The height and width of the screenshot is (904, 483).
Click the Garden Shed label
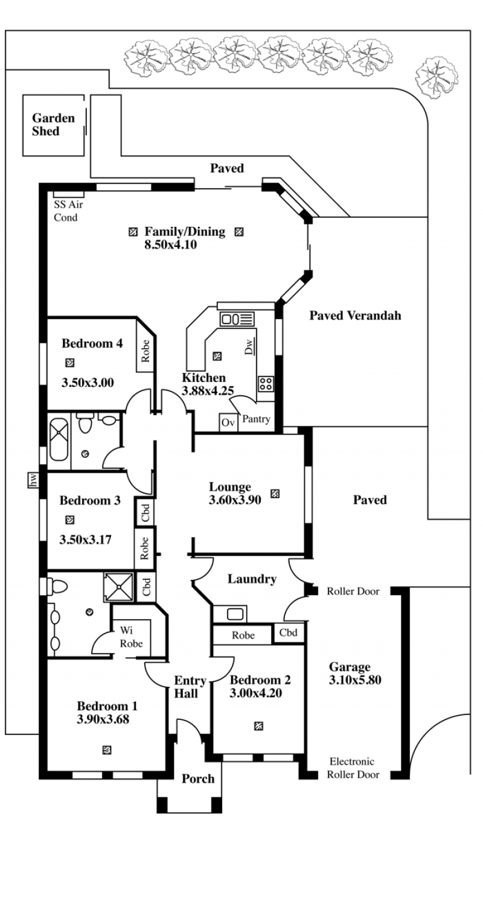53,124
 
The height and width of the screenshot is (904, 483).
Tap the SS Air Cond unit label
68,211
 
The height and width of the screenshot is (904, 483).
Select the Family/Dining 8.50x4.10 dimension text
170,244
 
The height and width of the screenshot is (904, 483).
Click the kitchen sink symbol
237,319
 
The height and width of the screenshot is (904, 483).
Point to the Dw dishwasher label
249,346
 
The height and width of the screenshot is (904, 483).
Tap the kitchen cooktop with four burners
266,383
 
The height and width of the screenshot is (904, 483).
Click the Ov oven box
228,422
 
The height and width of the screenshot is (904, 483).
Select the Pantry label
256,419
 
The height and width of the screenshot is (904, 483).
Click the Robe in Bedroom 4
145,350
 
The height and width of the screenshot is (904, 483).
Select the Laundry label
252,579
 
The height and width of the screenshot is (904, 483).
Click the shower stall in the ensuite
119,587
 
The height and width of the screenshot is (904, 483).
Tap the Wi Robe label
131,637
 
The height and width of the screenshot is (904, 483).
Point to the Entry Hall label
189,687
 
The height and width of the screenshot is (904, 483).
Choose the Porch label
198,778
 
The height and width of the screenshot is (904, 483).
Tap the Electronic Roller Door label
353,768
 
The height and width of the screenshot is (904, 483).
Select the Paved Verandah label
356,315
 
